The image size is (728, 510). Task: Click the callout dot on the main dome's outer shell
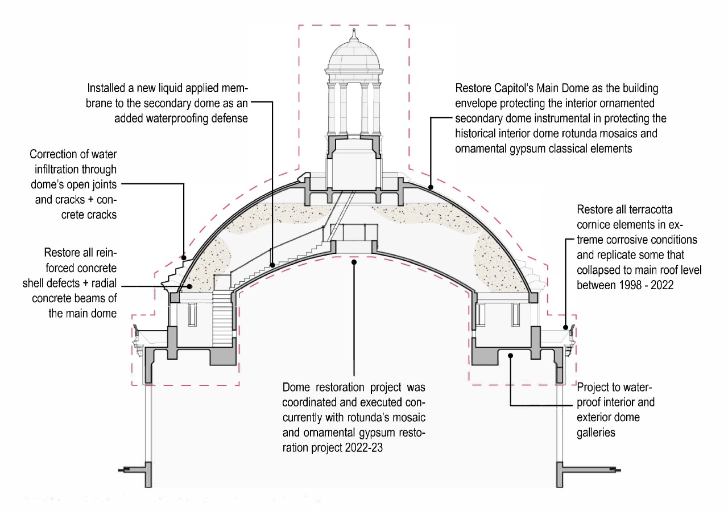point(431,187)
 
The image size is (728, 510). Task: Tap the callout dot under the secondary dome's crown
point(354,262)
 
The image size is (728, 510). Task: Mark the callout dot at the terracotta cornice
point(565,327)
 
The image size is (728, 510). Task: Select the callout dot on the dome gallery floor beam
point(511,356)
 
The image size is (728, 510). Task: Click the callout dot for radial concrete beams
point(189,286)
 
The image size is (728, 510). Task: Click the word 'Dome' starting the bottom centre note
point(296,388)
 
